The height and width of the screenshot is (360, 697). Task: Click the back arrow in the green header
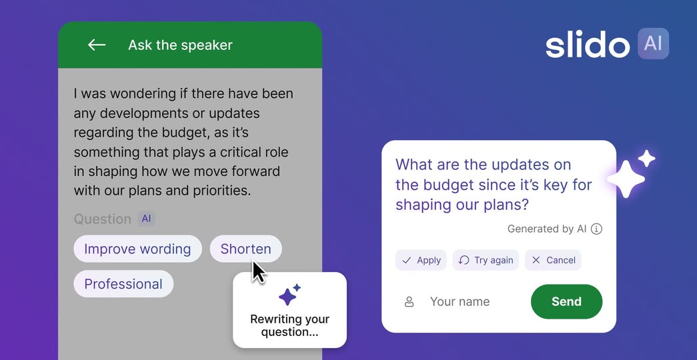(x=97, y=45)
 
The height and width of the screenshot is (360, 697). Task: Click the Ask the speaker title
(x=180, y=45)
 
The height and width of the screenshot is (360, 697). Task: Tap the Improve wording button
(x=137, y=249)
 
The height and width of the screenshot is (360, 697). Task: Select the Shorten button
(x=246, y=249)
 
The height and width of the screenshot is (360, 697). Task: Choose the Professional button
(x=123, y=284)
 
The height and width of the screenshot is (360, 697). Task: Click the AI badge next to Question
(x=146, y=219)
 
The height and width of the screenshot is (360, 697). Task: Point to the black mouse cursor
(x=258, y=272)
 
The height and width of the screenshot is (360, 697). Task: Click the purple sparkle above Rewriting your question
(x=289, y=295)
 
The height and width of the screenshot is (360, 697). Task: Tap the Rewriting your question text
(x=290, y=325)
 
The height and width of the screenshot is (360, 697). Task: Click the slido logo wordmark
(x=588, y=44)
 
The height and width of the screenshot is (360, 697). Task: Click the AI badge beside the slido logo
(x=653, y=43)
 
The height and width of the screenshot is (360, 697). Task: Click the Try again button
(x=486, y=260)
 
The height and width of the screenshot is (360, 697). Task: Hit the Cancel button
(x=553, y=260)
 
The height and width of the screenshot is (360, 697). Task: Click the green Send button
(x=566, y=301)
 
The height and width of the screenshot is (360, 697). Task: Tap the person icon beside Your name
(x=409, y=302)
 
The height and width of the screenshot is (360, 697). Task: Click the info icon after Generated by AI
(x=596, y=229)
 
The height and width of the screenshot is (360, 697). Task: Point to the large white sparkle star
(x=626, y=179)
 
